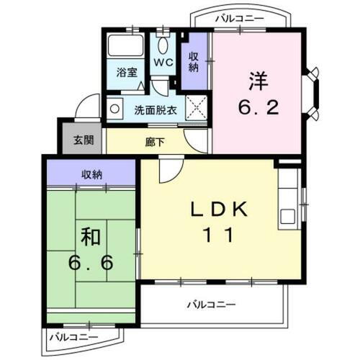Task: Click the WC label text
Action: (163, 63)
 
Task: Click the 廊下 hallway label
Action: (155, 142)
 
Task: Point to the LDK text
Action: (220, 210)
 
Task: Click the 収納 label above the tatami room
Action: (91, 174)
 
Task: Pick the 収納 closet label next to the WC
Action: (193, 62)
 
